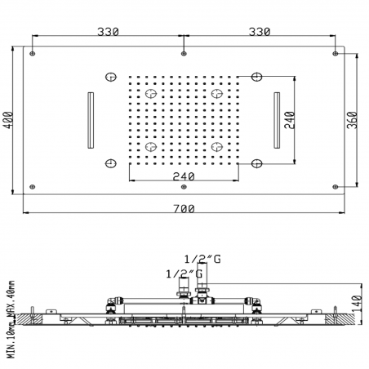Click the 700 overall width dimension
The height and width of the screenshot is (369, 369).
point(184,209)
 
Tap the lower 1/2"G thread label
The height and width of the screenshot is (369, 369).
point(184,273)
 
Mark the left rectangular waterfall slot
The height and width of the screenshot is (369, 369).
point(89,120)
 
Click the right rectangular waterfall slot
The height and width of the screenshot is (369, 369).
point(278,120)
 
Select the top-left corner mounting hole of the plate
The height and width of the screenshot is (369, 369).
point(32,54)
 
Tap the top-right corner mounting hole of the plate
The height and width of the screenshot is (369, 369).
point(336,54)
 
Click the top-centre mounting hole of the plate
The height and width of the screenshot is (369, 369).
point(184,54)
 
